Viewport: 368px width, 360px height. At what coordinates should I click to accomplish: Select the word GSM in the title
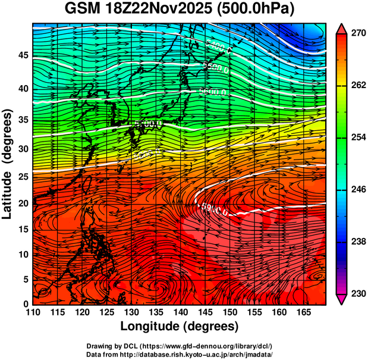point(84,10)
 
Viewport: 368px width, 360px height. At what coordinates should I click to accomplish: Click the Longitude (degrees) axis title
point(180,326)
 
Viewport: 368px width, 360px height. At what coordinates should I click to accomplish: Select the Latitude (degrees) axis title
point(8,164)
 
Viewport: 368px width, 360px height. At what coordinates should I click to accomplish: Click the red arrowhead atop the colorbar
point(342,28)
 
